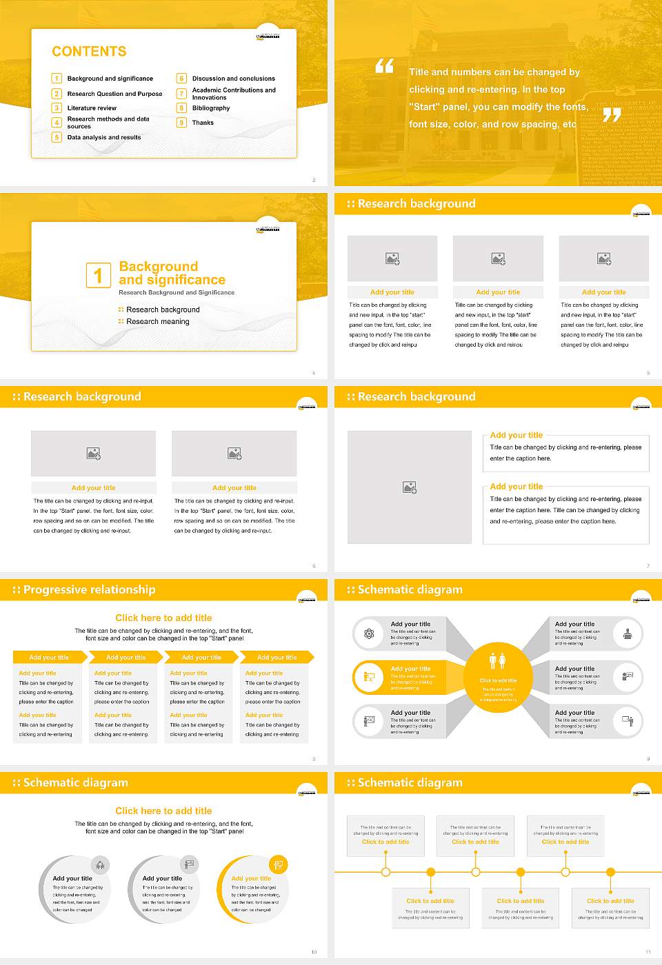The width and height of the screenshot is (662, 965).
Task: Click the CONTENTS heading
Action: [x=89, y=52]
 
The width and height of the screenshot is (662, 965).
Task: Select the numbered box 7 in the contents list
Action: [x=182, y=94]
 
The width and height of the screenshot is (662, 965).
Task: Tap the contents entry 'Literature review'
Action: [x=92, y=108]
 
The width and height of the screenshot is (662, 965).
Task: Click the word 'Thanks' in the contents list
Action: [x=203, y=123]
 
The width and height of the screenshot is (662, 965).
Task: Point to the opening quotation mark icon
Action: [x=384, y=66]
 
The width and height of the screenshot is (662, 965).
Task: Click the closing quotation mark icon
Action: [x=612, y=115]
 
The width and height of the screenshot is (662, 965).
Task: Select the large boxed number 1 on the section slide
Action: [x=98, y=275]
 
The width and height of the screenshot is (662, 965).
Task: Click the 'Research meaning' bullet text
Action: [x=157, y=322]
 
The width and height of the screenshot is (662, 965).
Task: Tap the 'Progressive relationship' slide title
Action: [x=89, y=589]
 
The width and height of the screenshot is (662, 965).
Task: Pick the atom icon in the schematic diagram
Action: [x=369, y=633]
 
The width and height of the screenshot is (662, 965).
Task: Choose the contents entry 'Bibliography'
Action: [x=211, y=108]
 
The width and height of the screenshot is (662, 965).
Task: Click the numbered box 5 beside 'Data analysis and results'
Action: [x=57, y=137]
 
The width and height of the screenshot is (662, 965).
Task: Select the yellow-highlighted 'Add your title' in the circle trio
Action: [x=251, y=879]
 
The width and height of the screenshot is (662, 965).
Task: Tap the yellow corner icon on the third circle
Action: [x=279, y=864]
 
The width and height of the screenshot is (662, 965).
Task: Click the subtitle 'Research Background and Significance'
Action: [x=177, y=292]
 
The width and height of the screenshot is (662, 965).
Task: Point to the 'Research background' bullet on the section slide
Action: [x=163, y=310]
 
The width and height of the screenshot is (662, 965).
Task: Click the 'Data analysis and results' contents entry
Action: [x=104, y=137]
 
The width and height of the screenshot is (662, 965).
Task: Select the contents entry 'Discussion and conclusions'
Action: [x=233, y=79]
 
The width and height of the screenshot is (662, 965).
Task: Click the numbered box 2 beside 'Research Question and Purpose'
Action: [x=57, y=94]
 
